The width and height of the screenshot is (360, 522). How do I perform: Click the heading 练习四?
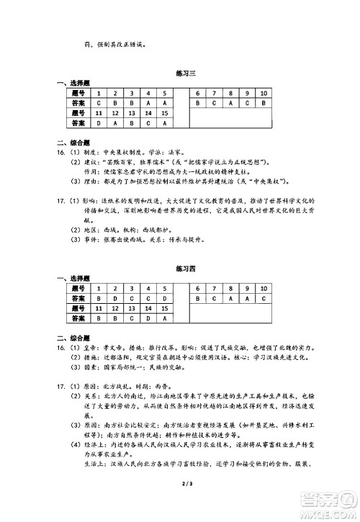coord(180,269)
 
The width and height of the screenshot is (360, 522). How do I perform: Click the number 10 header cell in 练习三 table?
coord(264,94)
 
